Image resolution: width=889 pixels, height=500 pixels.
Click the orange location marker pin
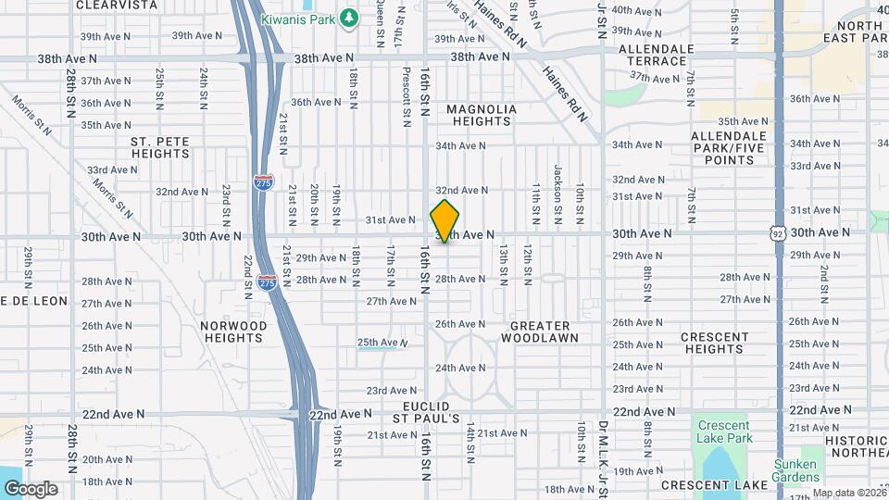tap(444, 220)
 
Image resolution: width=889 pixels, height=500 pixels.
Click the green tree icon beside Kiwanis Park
tap(349, 17)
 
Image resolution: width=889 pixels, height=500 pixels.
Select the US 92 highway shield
tap(778, 236)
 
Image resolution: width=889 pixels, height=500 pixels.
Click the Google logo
tap(30, 489)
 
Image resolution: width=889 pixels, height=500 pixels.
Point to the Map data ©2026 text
tap(848, 493)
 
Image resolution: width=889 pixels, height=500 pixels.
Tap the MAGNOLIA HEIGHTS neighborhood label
tap(482, 115)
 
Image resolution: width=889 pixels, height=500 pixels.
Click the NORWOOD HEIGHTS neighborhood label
tap(234, 331)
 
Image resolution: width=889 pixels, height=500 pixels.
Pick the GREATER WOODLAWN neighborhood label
tap(541, 331)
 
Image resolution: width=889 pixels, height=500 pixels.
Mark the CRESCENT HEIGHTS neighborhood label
tap(714, 343)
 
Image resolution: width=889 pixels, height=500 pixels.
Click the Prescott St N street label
tap(407, 95)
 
